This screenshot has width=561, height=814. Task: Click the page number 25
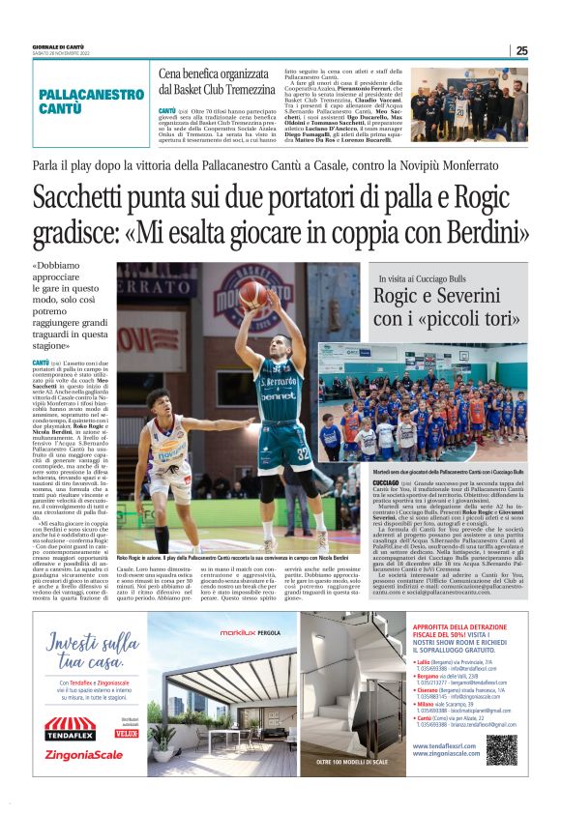(521, 51)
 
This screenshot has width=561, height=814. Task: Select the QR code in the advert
(501, 749)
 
